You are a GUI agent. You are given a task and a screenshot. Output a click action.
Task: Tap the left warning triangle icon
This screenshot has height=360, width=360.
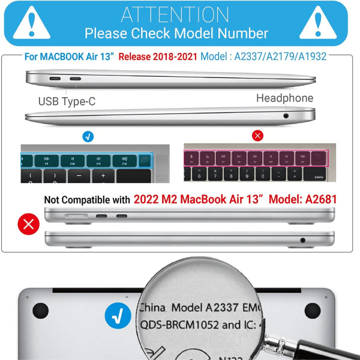coord(31,23)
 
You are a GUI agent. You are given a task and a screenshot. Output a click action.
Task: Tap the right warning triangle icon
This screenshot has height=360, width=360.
coord(329,23)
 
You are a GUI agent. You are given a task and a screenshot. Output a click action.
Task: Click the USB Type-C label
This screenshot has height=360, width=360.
coord(67,101)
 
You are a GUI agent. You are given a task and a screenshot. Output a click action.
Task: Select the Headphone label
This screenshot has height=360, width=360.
coord(284,98)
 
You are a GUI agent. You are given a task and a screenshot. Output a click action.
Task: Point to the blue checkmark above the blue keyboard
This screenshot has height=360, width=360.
coord(88,136)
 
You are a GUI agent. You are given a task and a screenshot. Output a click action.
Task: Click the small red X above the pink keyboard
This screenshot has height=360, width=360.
coord(258,136)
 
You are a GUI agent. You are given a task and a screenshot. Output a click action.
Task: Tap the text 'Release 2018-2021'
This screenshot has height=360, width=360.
coord(157,58)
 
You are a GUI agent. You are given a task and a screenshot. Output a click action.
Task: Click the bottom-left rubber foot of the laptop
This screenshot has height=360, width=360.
coord(40,310)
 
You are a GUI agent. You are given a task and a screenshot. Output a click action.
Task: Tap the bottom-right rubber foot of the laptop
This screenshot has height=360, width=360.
coord(312,310)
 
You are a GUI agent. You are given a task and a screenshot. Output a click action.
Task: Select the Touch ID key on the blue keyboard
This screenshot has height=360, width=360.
coord(144,160)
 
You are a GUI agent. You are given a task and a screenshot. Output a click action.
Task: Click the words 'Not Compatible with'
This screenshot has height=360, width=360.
coord(86,200)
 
